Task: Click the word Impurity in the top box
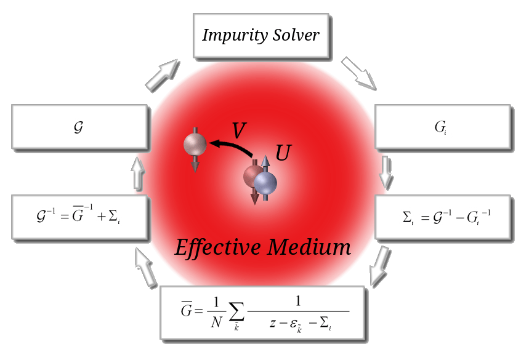coord(232,34)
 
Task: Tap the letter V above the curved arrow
coord(239,130)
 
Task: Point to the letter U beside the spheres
coord(282,154)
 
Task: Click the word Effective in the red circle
coord(217,247)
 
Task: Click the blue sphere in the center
coord(266,183)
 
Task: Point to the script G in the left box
coord(78,128)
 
